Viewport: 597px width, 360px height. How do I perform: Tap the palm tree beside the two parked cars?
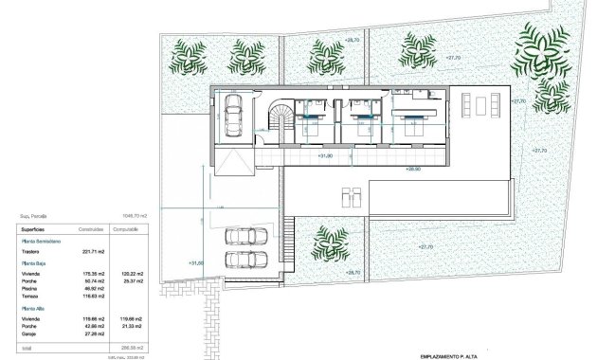(x=330, y=242)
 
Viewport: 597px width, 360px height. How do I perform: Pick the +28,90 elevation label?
(x=412, y=169)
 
